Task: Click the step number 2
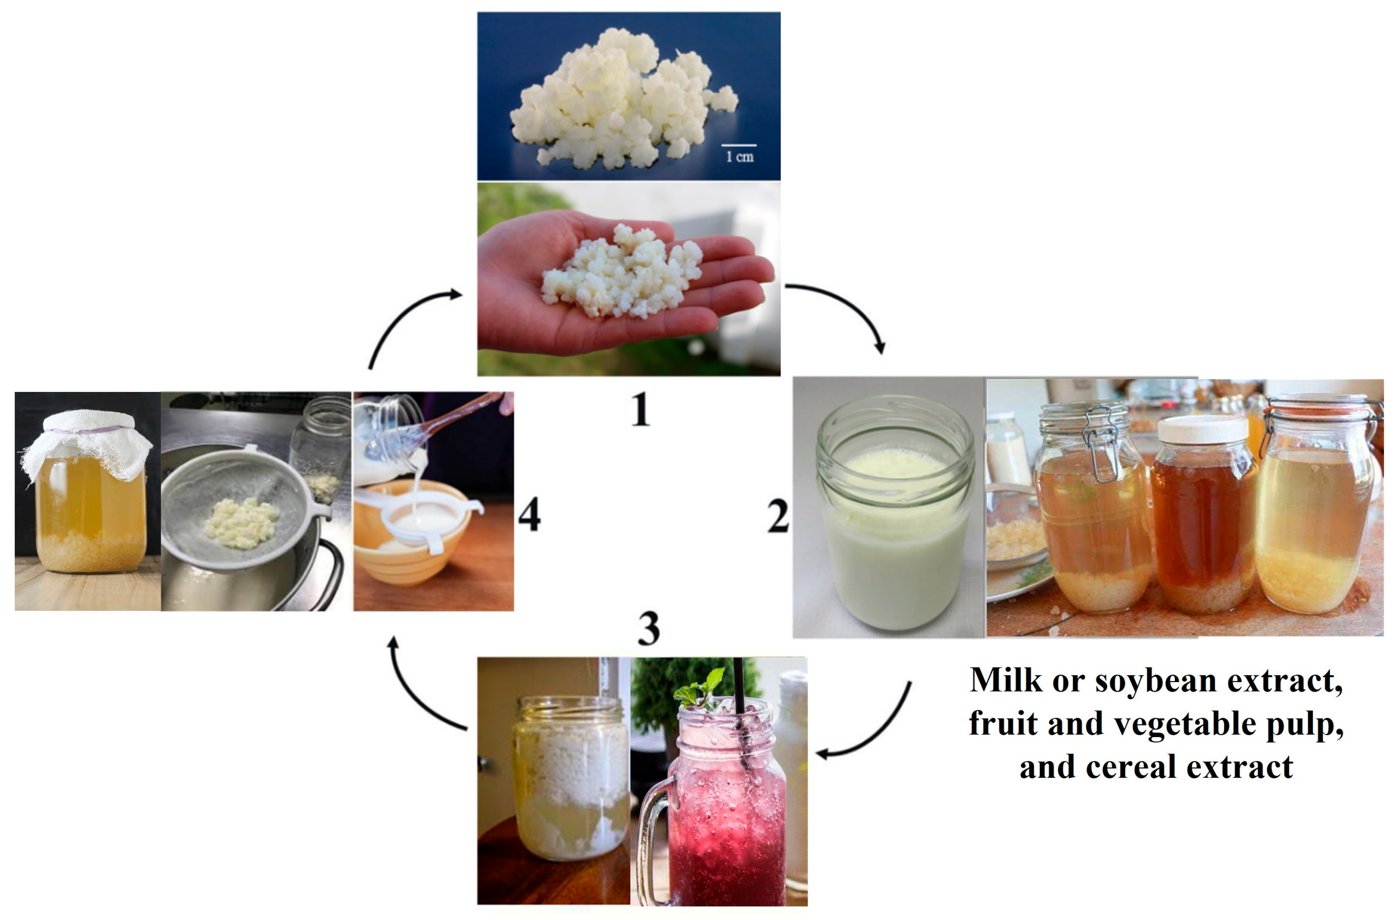pos(778,516)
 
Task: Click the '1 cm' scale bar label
pos(739,156)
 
